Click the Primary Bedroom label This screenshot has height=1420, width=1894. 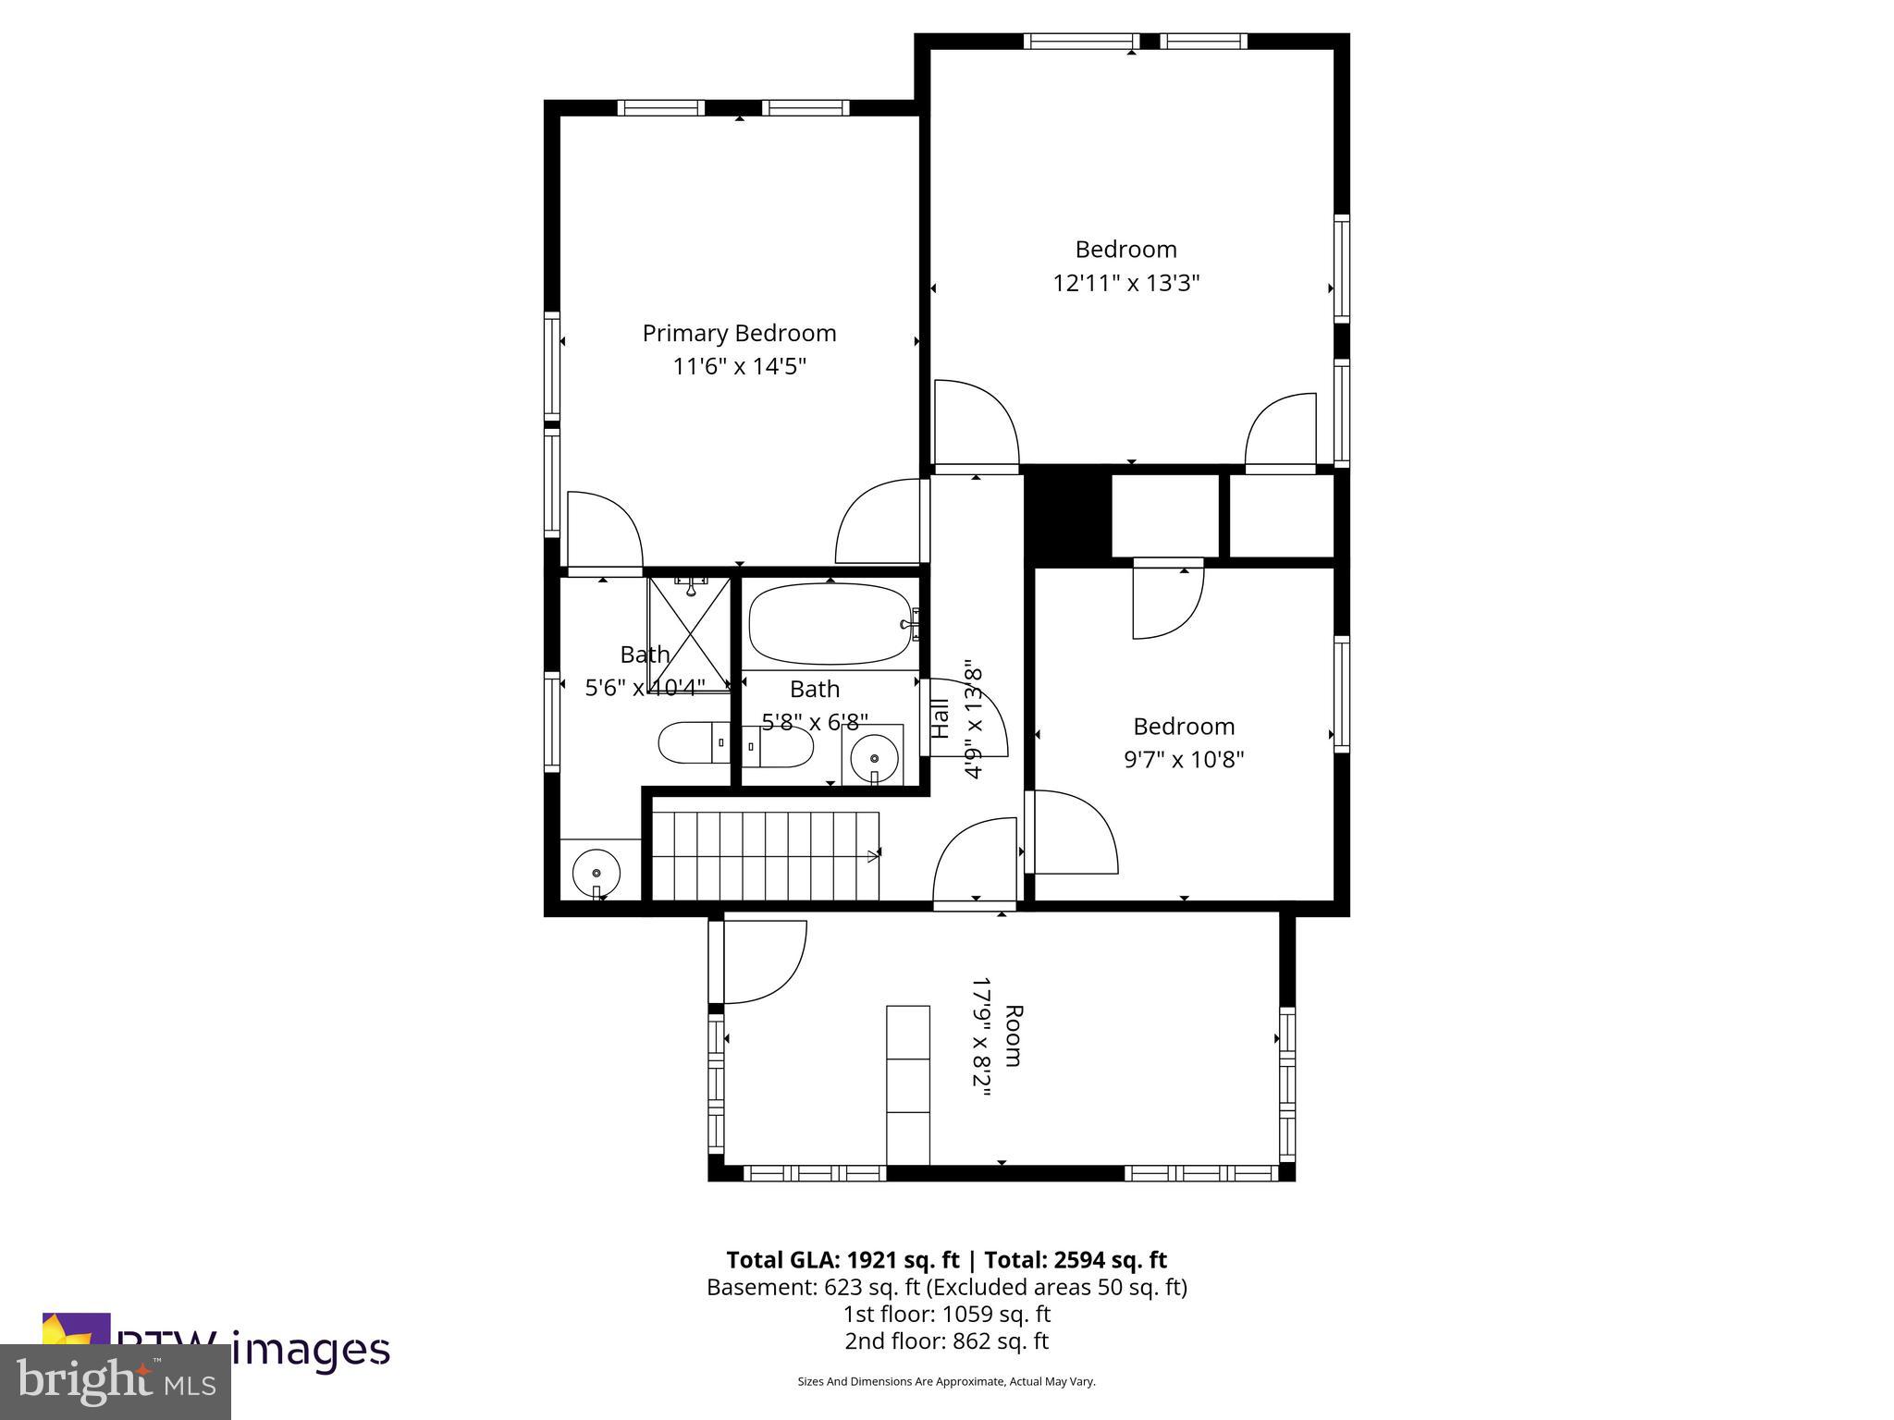(x=739, y=333)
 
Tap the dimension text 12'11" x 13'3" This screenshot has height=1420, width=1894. (x=1125, y=283)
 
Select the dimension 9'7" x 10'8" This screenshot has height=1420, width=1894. (x=1183, y=760)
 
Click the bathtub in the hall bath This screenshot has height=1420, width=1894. (x=830, y=623)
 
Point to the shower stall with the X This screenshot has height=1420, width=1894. (x=689, y=634)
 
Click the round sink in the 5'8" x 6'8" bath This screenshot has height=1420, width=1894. (x=874, y=758)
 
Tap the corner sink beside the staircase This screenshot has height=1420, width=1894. (x=596, y=872)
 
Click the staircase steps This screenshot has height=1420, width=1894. (x=764, y=854)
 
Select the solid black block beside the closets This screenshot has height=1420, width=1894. (x=1067, y=515)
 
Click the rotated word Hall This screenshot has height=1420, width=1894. (x=940, y=718)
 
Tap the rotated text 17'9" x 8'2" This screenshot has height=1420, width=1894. (x=981, y=1036)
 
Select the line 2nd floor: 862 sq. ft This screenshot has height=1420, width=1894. (x=946, y=1340)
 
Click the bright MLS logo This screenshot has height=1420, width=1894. (x=116, y=1382)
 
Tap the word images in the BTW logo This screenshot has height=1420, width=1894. (x=310, y=1350)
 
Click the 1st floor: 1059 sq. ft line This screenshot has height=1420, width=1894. (x=946, y=1314)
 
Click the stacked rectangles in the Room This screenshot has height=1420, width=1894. (x=907, y=1085)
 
